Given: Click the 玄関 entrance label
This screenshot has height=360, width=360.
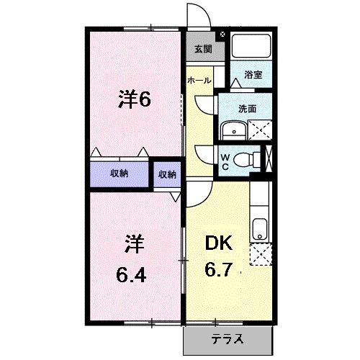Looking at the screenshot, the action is (203, 49).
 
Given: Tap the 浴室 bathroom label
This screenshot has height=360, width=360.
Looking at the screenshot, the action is (253, 75).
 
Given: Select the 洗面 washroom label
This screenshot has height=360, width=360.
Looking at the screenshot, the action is (247, 109).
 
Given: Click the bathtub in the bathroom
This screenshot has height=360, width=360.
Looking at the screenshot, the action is (251, 45).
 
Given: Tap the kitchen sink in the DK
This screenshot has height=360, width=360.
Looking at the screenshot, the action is (260, 229).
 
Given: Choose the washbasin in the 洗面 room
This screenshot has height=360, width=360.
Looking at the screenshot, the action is (234, 130).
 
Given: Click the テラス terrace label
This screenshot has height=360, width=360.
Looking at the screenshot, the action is (228, 339).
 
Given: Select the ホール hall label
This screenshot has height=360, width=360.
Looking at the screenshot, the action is (199, 81).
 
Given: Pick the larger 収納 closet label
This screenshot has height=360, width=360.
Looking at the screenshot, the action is (119, 174).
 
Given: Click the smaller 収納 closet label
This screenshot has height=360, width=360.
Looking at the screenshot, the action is (167, 174).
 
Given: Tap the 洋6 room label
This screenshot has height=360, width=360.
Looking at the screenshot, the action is (135, 99).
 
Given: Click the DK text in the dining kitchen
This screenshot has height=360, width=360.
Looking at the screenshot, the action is (218, 243).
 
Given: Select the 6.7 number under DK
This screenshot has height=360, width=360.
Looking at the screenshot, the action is (218, 269).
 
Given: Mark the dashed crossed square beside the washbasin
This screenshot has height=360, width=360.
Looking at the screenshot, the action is (260, 130).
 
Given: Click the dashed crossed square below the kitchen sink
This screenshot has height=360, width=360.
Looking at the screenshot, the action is (261, 254).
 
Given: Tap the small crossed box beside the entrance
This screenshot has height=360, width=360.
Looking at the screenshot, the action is (222, 35).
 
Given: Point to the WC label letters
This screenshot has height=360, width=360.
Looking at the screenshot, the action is (225, 162).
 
